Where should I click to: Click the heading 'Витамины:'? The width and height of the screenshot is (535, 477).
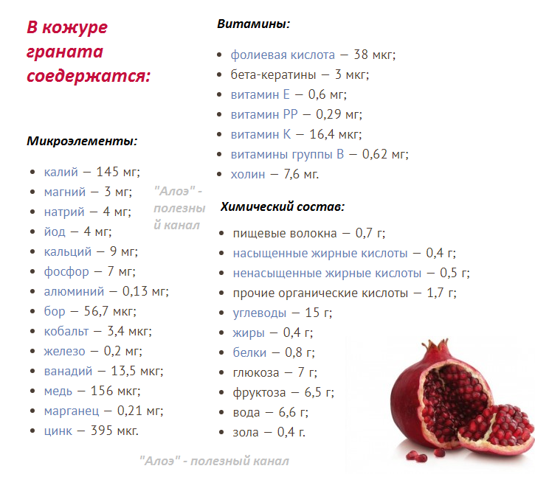(x=254, y=24)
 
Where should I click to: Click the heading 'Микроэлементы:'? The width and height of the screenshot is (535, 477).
(x=82, y=141)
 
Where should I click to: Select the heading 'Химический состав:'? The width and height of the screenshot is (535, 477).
(x=283, y=206)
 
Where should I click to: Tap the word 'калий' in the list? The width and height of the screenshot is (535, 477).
(x=61, y=172)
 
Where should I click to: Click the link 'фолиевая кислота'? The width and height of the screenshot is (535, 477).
(x=283, y=55)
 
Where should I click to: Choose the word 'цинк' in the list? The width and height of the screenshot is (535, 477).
(x=58, y=431)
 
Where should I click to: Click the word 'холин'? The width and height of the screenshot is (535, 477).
(x=248, y=175)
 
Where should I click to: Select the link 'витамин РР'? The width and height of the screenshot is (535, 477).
(x=264, y=114)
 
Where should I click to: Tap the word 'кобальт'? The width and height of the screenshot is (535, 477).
(x=66, y=331)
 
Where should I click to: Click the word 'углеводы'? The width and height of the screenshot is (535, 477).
(x=260, y=313)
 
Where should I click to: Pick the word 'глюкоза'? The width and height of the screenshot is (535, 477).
(x=256, y=372)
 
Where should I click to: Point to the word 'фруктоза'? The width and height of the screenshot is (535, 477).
(x=259, y=392)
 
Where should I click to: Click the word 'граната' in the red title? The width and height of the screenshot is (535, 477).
(x=65, y=52)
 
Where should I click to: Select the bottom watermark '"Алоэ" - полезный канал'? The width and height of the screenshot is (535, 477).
(x=214, y=461)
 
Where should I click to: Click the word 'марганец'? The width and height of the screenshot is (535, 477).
(x=72, y=411)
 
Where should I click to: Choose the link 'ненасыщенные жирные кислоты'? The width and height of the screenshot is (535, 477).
(x=327, y=273)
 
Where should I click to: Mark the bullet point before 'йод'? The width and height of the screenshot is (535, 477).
(x=32, y=231)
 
